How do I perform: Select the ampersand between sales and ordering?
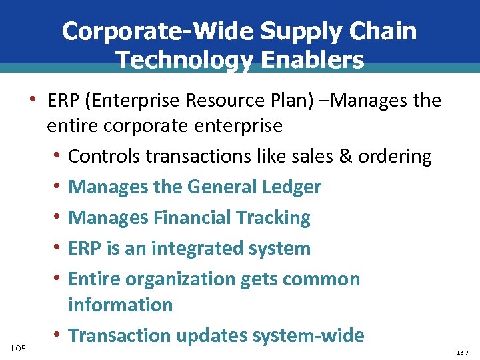(x=344, y=157)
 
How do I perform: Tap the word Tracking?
(x=275, y=218)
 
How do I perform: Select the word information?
(x=120, y=305)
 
